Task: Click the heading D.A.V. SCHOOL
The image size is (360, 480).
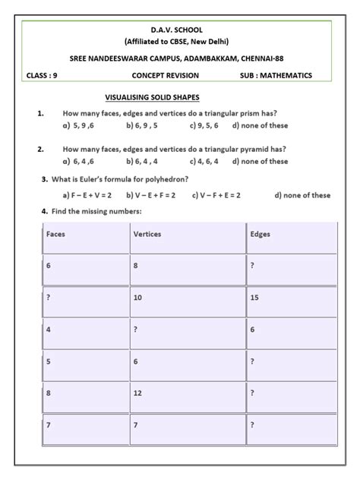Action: (180, 28)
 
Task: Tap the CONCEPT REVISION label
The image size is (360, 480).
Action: (165, 76)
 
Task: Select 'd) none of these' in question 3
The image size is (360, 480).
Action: (302, 194)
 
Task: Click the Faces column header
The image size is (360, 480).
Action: (55, 234)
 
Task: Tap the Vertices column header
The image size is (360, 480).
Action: (147, 234)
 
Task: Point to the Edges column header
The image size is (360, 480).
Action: (260, 234)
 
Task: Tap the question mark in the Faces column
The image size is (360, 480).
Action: (48, 298)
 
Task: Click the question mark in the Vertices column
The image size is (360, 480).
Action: (135, 330)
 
